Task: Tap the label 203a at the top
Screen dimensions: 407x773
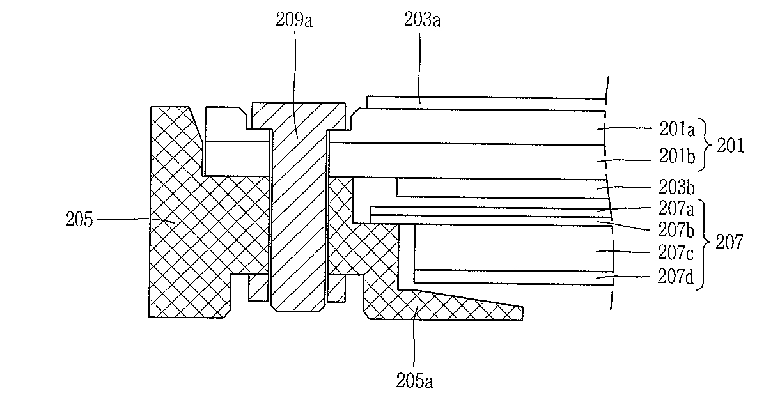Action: tap(423, 20)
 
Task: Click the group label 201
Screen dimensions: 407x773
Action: tap(730, 146)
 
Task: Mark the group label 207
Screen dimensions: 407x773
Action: tap(730, 243)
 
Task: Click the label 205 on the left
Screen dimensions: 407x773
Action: tap(81, 221)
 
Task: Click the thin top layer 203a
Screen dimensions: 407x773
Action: tap(486, 103)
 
